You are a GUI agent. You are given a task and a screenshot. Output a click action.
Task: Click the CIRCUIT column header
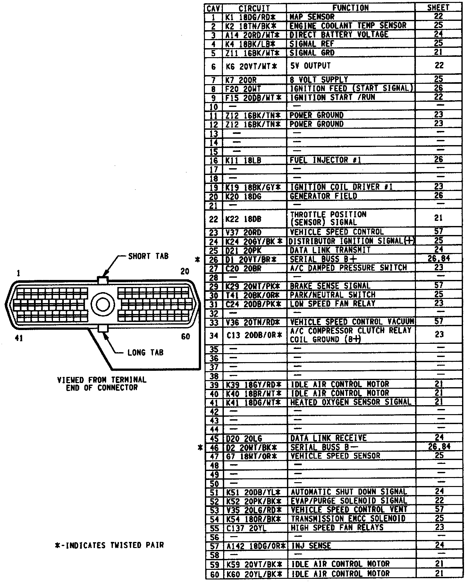[254, 8]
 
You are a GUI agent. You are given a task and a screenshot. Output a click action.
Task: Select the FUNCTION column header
[350, 8]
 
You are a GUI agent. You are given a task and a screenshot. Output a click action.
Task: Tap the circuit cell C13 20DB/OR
[254, 335]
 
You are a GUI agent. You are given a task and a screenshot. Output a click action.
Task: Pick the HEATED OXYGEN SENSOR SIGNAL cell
[351, 402]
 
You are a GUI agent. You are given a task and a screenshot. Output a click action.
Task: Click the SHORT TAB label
[148, 256]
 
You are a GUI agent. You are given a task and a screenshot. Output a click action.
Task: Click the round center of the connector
[103, 304]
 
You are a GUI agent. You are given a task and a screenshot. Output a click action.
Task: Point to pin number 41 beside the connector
[19, 338]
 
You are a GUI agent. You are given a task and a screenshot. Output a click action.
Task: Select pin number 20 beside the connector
[185, 272]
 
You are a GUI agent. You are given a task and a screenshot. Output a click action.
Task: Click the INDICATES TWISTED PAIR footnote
[109, 545]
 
